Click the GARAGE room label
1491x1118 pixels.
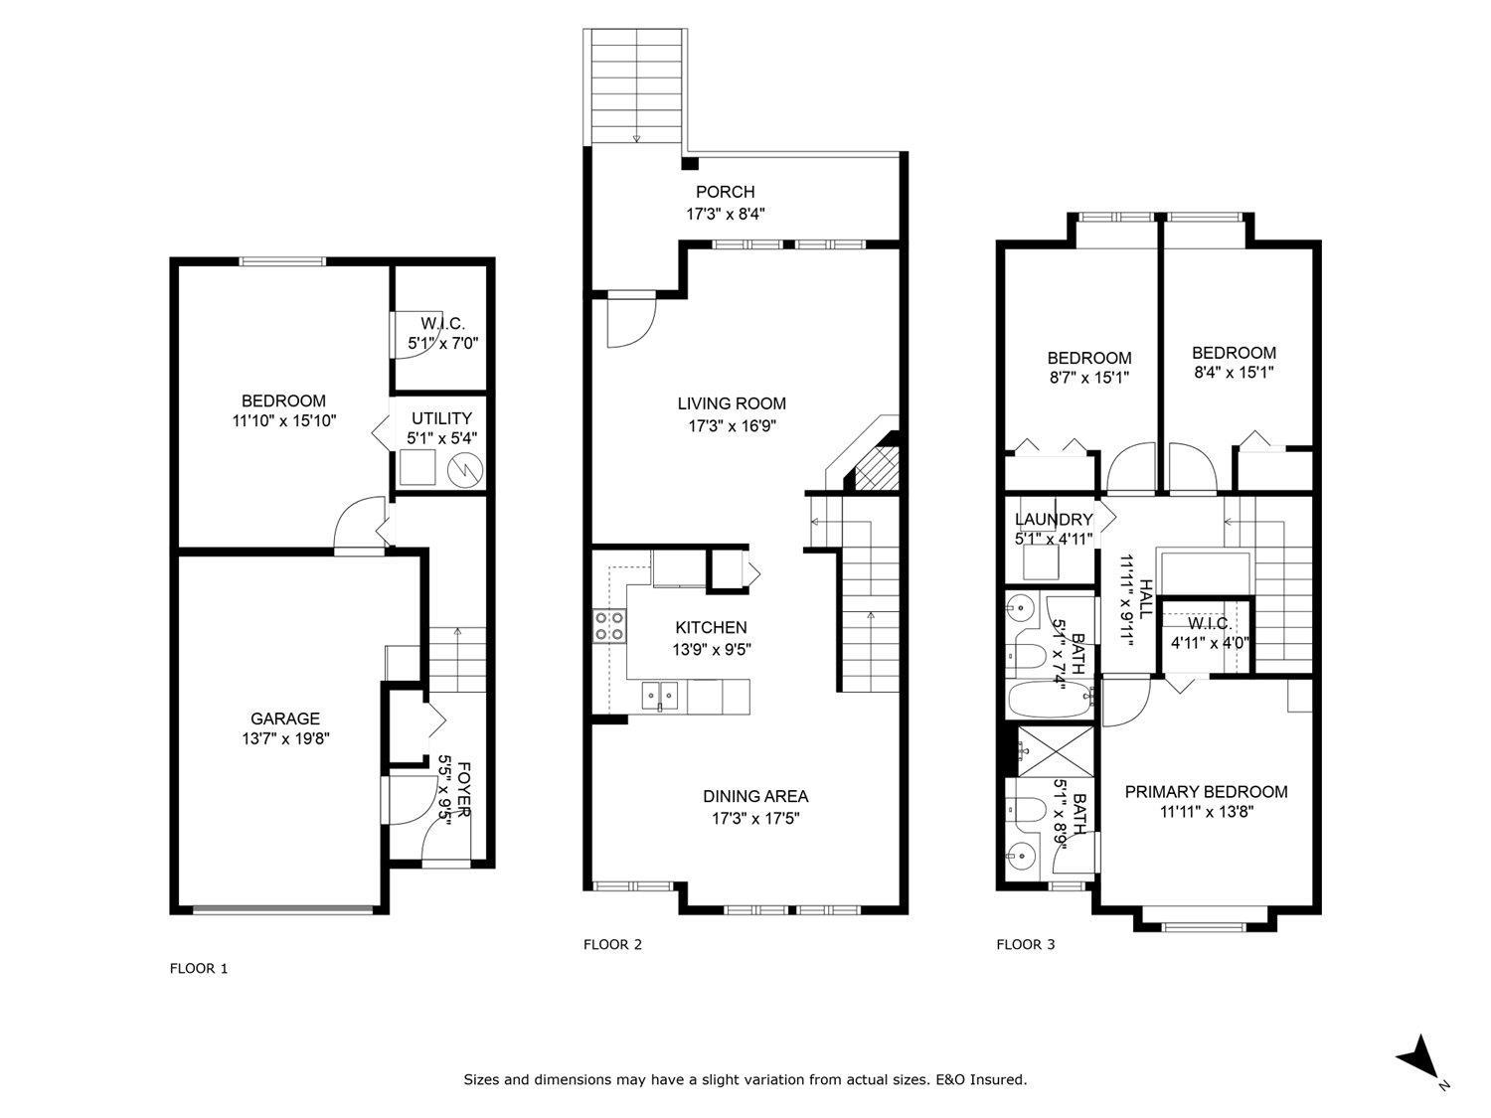pos(284,719)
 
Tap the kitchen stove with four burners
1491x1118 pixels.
pos(610,626)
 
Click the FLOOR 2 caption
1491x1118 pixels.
pos(612,944)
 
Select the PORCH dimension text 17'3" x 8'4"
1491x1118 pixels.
pos(725,213)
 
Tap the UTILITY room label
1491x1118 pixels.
pos(441,418)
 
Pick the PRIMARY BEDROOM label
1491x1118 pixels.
pos(1206,791)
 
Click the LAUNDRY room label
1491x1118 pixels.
pos(1053,520)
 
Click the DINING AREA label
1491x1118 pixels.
pos(754,796)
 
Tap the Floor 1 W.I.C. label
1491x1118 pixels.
pos(442,323)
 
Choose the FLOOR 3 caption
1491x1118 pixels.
pos(1025,944)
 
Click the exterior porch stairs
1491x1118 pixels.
pos(636,87)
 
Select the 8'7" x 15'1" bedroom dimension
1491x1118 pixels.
pos(1088,378)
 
